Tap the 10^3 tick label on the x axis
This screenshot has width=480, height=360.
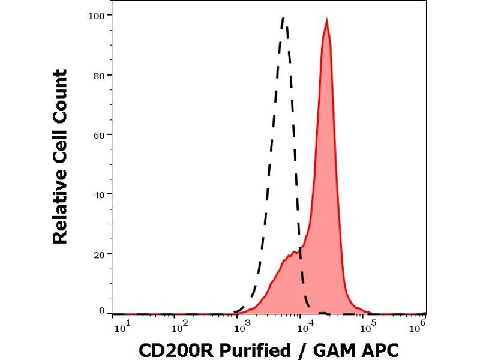pyautogui.click(x=242, y=327)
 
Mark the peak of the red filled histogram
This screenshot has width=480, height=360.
pyautogui.click(x=326, y=20)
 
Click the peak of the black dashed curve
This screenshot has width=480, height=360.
pyautogui.click(x=284, y=18)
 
